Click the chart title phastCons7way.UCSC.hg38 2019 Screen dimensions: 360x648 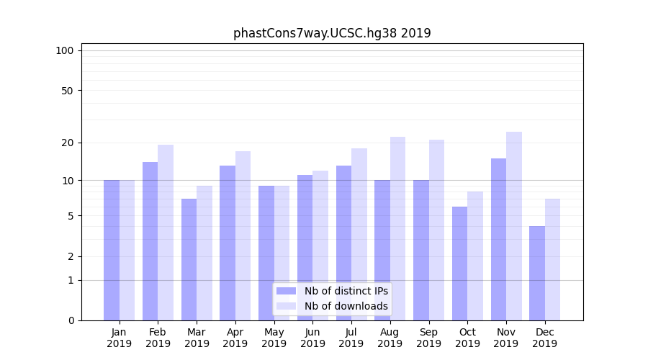pos(332,33)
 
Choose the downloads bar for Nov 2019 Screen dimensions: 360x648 pos(514,226)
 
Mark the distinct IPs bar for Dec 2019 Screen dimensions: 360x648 pos(537,273)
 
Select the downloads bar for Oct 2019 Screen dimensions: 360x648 pos(475,256)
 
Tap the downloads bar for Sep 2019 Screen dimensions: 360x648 pos(436,230)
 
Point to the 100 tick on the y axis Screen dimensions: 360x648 pos(65,50)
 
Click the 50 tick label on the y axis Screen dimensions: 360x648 pos(67,91)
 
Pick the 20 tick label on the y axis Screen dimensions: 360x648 pos(67,143)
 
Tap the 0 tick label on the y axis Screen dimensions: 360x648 pos(71,320)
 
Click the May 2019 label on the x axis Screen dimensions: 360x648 pos(274,338)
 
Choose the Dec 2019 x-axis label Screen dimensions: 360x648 pos(544,338)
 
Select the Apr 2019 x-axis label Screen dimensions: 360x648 pos(235,338)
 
